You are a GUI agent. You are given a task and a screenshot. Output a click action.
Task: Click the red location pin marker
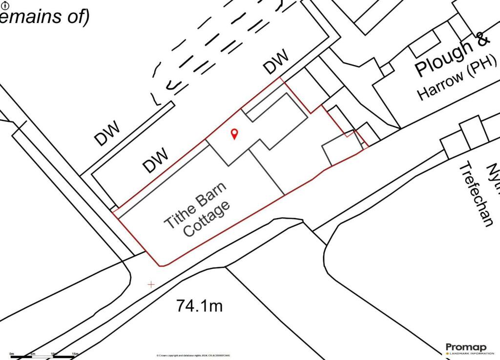(234, 133)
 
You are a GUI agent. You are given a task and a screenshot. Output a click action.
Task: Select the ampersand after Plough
(481, 40)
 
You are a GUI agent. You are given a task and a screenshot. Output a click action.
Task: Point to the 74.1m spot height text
(199, 306)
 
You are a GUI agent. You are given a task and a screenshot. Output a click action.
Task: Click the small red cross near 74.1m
(151, 284)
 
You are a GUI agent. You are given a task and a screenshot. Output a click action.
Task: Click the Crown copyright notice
(193, 356)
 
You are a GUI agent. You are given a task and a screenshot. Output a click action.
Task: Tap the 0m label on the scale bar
(11, 354)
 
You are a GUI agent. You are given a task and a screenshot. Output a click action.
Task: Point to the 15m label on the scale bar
(75, 354)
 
